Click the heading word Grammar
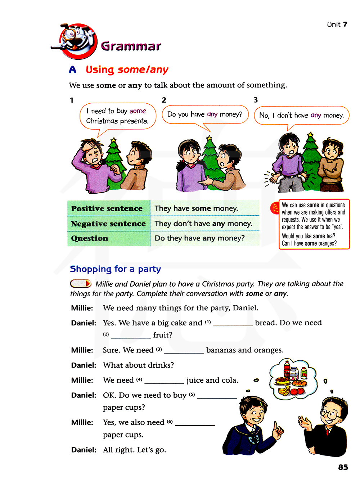[131, 46]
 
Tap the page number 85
[343, 467]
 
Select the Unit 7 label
[337, 24]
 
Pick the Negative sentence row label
[108, 224]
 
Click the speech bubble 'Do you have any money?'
[205, 114]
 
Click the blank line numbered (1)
[233, 323]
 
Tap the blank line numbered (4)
[164, 381]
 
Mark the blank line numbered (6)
[195, 423]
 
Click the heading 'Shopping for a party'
[115, 269]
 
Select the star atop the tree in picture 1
[113, 140]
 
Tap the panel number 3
[256, 100]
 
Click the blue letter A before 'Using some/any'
[73, 70]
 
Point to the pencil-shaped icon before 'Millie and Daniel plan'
[81, 284]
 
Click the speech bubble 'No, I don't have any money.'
[301, 115]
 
